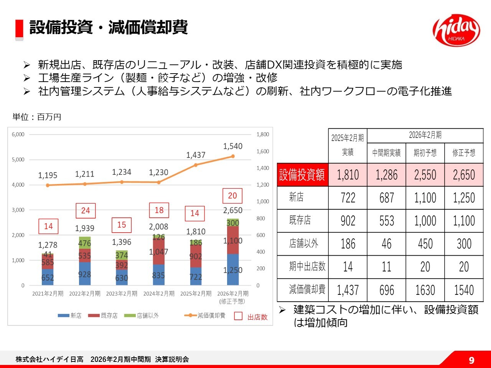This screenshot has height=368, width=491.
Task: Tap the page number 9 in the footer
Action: coord(471,360)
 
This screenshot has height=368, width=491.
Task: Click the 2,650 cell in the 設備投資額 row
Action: coord(464,175)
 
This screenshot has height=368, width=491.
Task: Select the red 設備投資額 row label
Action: coord(302,175)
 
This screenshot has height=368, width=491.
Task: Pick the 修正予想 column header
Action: coord(464,153)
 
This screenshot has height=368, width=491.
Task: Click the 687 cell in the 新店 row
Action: coord(387,198)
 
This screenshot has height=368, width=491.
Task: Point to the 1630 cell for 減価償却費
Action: coord(425,290)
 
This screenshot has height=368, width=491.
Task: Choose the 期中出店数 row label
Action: coord(307,267)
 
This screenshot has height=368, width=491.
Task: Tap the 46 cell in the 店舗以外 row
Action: coord(387,244)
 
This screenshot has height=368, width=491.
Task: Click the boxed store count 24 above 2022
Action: coord(86,210)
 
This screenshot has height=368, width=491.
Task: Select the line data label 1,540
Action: coord(233,146)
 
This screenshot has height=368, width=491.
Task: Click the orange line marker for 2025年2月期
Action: coord(196,165)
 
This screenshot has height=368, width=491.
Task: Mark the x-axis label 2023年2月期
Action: coord(122,294)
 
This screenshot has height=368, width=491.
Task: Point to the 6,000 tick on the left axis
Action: coord(18,135)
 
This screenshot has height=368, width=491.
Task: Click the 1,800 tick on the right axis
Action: coord(263,135)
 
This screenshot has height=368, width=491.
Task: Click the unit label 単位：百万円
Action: coord(37,117)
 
